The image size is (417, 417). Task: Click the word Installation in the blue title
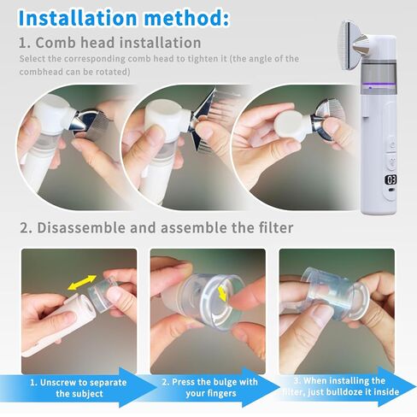click(x=78, y=18)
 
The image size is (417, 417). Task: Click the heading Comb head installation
click(x=119, y=43)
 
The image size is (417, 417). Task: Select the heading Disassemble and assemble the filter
click(x=165, y=228)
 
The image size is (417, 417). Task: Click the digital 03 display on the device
click(x=391, y=179)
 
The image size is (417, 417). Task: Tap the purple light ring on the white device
click(x=379, y=84)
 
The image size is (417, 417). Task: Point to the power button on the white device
click(x=392, y=146)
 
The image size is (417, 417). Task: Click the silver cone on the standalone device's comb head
click(x=360, y=44)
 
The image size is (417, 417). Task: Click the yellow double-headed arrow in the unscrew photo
click(x=82, y=282)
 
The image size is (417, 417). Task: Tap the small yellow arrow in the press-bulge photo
click(x=222, y=294)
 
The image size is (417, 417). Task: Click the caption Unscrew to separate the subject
click(x=79, y=388)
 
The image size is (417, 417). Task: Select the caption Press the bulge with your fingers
click(x=210, y=387)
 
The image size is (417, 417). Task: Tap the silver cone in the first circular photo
click(x=79, y=123)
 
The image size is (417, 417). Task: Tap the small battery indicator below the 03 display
click(x=391, y=190)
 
